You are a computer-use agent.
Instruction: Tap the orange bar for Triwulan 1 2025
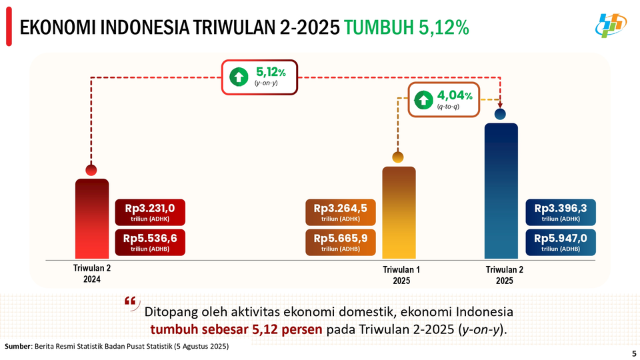398,213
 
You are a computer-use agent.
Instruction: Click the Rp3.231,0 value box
149,213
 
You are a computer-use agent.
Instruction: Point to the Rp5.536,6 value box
149,242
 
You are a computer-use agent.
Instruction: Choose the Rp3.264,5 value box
340,213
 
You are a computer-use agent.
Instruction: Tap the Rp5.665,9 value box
340,242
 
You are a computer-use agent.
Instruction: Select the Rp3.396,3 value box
560,213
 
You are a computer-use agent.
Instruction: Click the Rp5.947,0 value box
560,242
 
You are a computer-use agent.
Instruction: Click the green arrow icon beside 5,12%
239,77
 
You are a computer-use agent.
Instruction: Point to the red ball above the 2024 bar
91,170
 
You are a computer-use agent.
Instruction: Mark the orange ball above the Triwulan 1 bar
398,157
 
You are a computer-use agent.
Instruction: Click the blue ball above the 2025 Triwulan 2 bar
500,115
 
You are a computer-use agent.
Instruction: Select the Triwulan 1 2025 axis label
401,275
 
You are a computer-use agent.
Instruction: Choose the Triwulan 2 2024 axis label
92,274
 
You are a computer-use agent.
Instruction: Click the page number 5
632,353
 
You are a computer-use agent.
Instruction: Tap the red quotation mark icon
131,302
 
